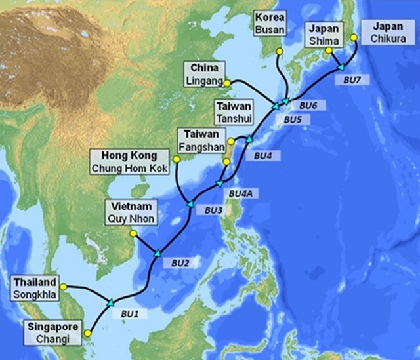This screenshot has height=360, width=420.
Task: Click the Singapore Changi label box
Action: pos(52,332)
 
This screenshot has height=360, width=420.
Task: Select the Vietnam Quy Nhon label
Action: pos(131,214)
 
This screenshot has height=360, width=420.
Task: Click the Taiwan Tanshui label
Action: pos(234,112)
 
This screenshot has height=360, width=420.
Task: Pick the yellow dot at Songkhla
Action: pos(64,285)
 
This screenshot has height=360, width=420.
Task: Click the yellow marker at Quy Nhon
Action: pos(133,233)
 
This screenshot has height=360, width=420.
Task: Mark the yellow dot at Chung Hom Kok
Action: pos(175,159)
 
